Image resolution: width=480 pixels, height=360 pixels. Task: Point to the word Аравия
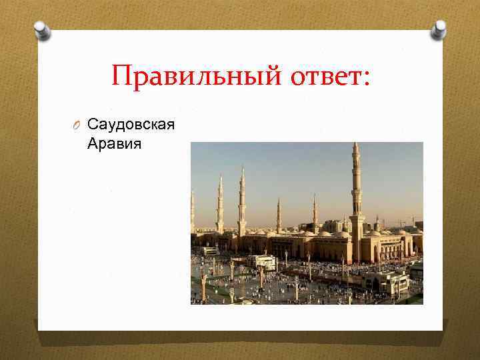click(115, 143)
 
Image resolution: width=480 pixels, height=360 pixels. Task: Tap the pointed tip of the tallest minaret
click(356, 145)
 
